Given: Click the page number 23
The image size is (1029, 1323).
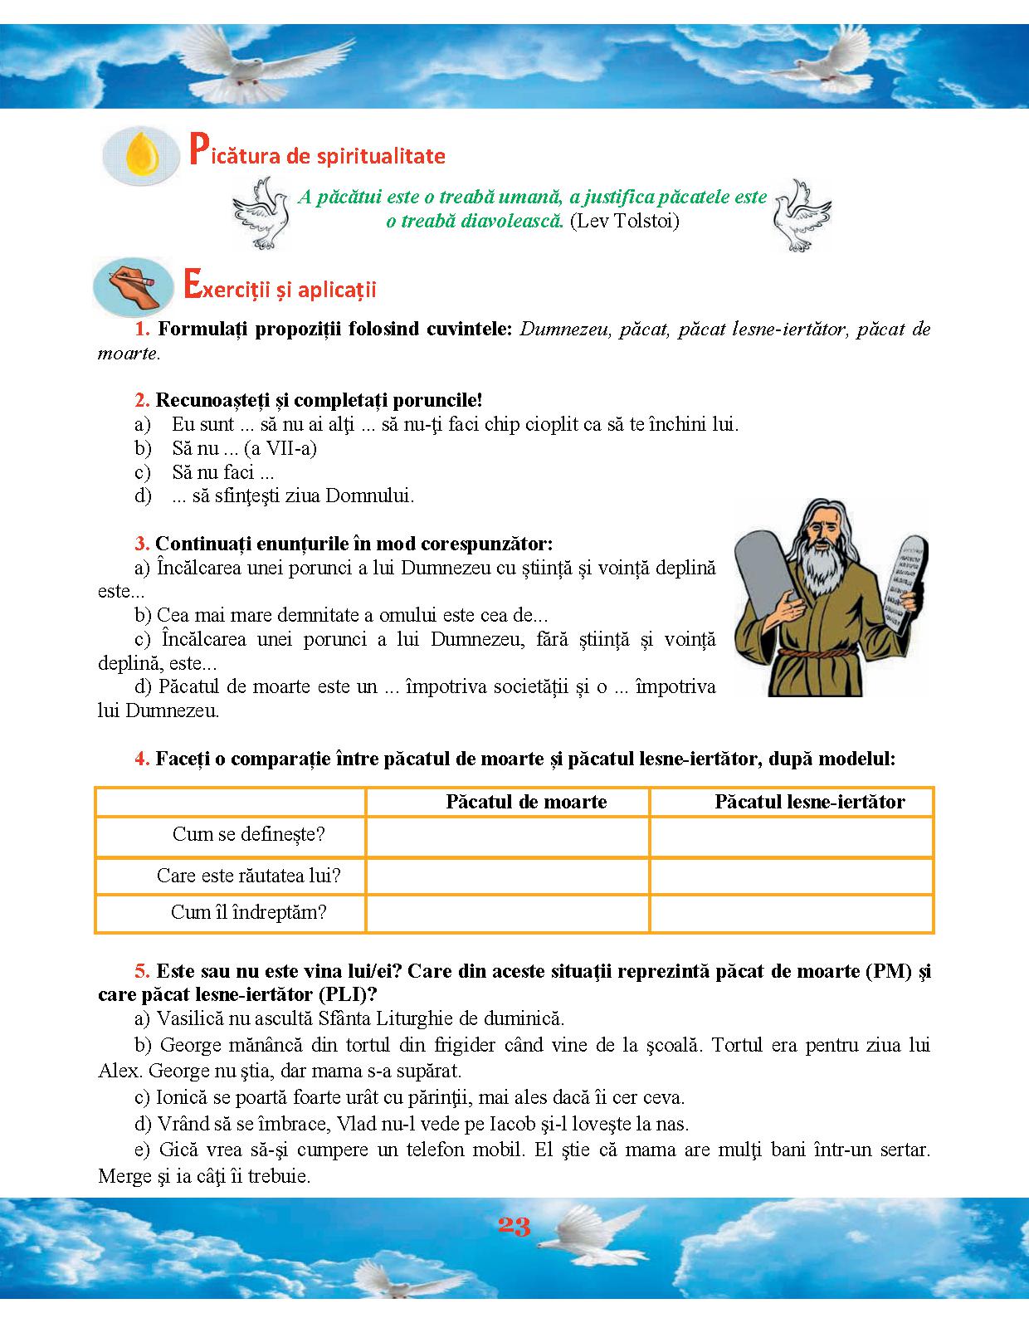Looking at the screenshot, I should click(514, 1227).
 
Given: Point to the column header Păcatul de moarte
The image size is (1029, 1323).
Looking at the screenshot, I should click(526, 802).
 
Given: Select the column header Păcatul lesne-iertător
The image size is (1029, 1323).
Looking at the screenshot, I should click(809, 802).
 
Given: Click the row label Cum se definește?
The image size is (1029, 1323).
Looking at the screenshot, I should click(248, 834).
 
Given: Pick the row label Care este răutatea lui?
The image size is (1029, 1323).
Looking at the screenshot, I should click(248, 876).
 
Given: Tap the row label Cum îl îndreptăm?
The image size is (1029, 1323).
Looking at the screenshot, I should click(248, 912).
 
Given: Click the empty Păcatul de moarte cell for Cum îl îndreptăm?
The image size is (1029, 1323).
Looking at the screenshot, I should click(507, 913).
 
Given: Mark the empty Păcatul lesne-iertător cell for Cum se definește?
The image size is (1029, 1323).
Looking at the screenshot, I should click(792, 836).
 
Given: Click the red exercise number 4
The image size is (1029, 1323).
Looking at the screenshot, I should click(142, 759).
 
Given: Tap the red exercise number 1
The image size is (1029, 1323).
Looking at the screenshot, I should click(142, 329).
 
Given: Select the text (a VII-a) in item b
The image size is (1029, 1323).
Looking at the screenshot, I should click(280, 449).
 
